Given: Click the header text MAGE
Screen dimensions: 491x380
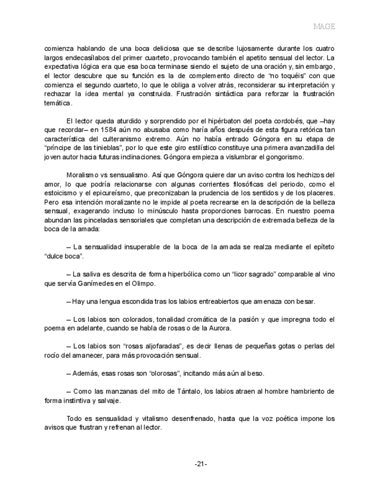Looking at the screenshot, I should (324, 27).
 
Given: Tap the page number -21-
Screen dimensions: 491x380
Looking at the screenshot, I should (201, 464).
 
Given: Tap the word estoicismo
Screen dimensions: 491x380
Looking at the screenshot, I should (63, 192).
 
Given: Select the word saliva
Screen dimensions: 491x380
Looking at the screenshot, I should (93, 274).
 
